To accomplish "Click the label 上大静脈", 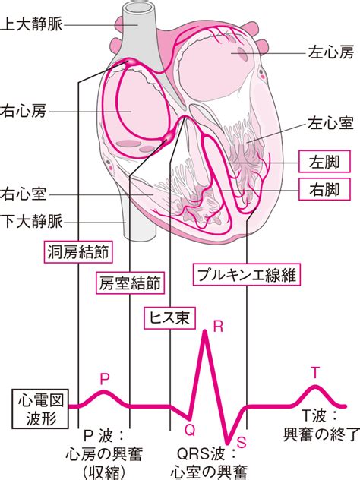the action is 31,24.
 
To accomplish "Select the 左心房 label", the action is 331,52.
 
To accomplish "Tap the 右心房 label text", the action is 24,111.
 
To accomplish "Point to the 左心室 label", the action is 331,123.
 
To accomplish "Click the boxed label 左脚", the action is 324,161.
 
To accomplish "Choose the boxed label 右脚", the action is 324,189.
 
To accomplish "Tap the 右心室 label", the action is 24,194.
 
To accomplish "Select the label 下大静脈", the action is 31,221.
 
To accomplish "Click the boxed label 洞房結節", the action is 78,252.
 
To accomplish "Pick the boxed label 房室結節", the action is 130,283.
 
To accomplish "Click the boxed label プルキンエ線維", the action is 246,274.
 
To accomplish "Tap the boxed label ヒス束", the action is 169,318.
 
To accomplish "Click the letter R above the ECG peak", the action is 218,327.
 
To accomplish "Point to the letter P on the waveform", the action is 105,379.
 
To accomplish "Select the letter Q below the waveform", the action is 190,431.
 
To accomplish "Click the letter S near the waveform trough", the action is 242,442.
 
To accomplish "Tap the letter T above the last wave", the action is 315,373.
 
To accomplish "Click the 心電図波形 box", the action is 40,409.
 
